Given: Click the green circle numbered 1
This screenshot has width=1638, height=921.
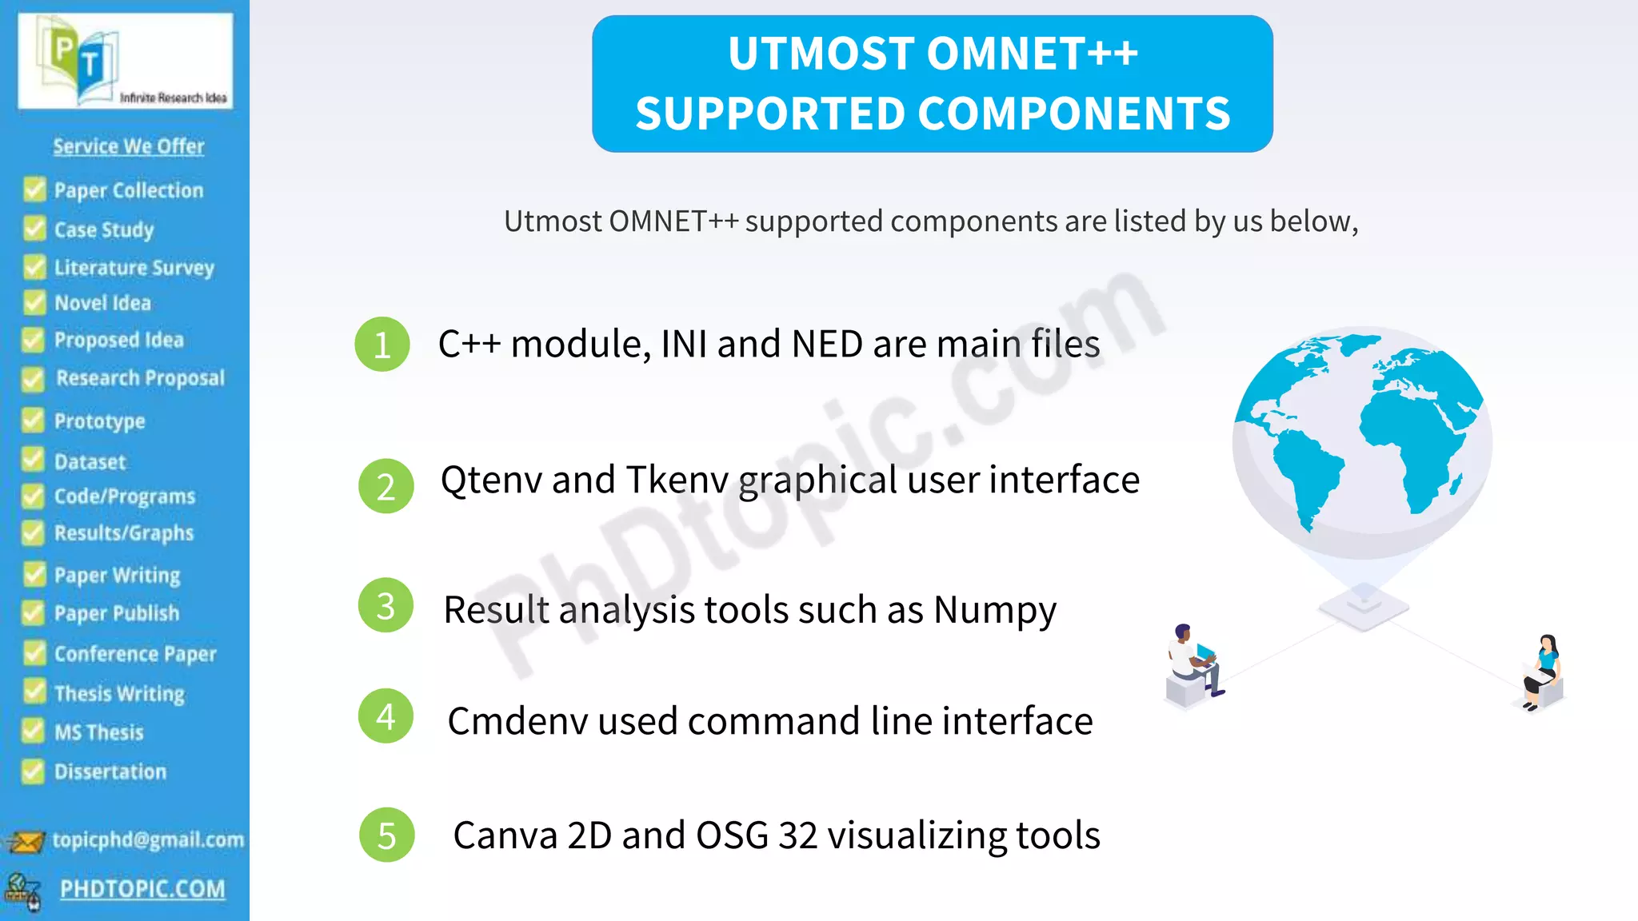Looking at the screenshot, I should coord(382,345).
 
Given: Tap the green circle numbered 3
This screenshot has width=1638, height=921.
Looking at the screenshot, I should coord(386,606).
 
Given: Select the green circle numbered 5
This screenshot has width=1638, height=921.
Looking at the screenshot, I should coord(387,835).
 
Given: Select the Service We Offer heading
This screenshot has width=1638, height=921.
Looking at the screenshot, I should coord(129,146).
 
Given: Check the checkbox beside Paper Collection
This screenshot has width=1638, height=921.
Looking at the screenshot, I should coord(34,189).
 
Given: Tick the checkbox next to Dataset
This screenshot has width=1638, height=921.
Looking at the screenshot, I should coord(33,460).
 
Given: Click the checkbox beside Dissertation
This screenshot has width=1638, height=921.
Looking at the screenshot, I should coord(33,771).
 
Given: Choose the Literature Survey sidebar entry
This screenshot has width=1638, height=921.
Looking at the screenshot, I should coord(134,267).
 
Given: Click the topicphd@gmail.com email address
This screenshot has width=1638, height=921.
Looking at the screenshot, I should coord(148,839).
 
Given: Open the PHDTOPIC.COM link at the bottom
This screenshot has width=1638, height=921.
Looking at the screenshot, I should coord(142,889).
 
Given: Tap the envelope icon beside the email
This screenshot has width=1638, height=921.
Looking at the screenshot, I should coord(25,842).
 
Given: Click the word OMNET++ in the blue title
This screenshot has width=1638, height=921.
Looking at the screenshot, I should coord(1032,54).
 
